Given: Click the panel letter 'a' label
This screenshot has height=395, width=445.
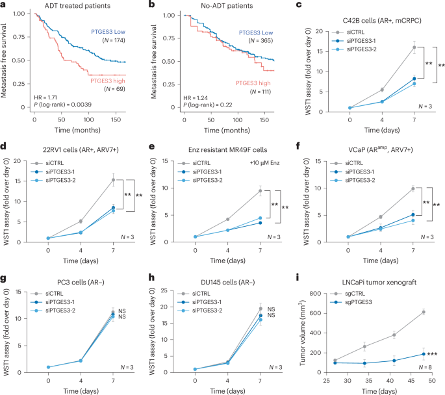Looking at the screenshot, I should click(5, 5).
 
